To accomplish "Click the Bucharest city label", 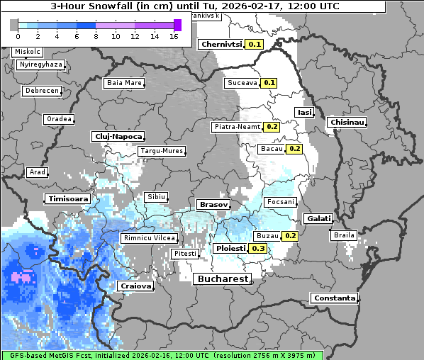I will [222, 279].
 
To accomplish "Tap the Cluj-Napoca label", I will [118, 136].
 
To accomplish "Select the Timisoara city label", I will [69, 199].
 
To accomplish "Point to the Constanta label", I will [334, 298].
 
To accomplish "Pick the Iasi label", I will [305, 112].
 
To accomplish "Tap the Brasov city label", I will [213, 204].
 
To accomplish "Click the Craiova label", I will [135, 286].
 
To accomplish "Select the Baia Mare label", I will [124, 83].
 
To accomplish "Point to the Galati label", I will [318, 218].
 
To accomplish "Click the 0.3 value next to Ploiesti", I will [259, 249].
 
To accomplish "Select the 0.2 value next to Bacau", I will [295, 149].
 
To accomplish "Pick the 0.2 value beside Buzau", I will [290, 235].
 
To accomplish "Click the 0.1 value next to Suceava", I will [269, 83].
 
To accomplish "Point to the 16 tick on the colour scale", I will [174, 35].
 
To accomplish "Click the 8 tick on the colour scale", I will [96, 35].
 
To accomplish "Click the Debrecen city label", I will [42, 91].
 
